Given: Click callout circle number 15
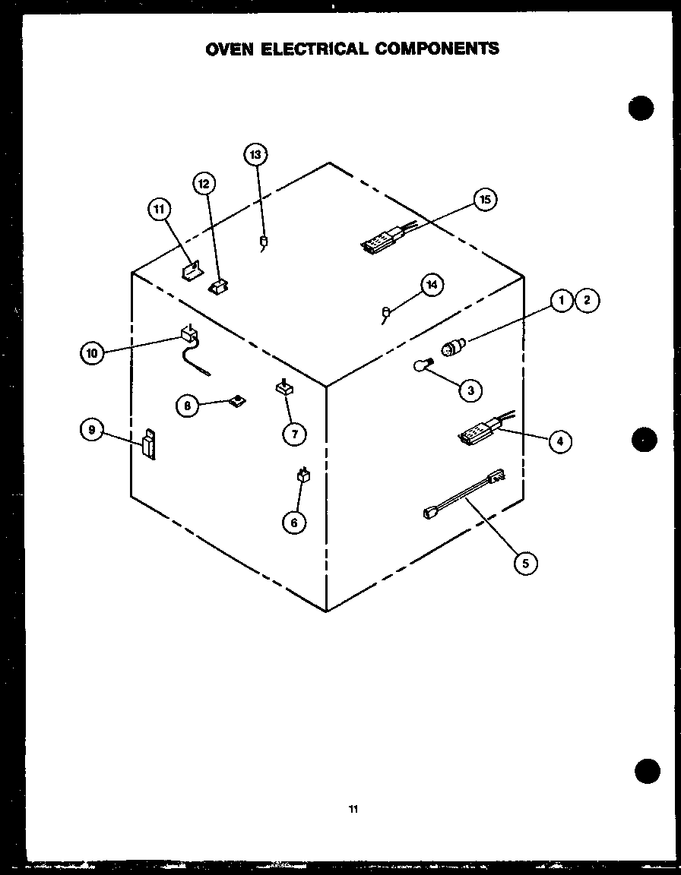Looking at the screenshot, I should pyautogui.click(x=486, y=200).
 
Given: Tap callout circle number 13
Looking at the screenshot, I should pyautogui.click(x=255, y=155).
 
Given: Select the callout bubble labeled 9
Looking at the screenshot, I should pyautogui.click(x=92, y=430).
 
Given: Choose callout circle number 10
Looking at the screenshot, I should pyautogui.click(x=92, y=352).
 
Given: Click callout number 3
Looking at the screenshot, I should pyautogui.click(x=470, y=390).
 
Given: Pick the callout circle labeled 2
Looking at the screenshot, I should pyautogui.click(x=587, y=301).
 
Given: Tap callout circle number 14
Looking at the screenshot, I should pyautogui.click(x=432, y=285).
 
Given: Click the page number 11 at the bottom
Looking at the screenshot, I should pyautogui.click(x=353, y=810).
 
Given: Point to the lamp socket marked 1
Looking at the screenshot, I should pyautogui.click(x=452, y=349).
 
